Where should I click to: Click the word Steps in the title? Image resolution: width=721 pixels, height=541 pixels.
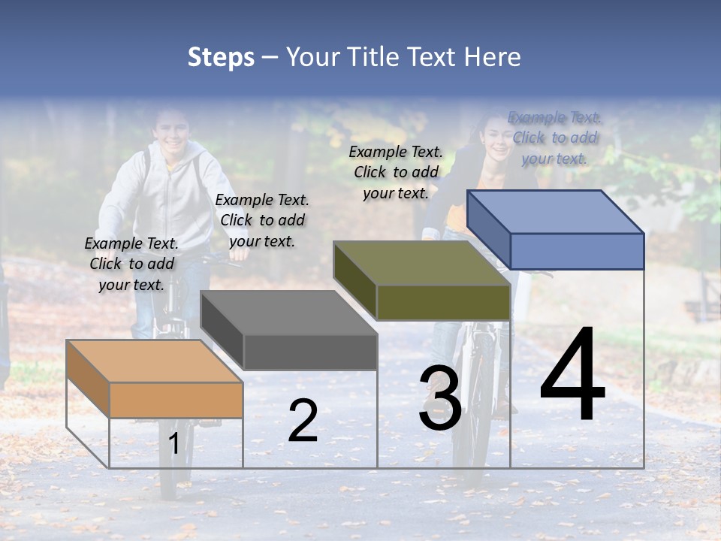[x=221, y=57]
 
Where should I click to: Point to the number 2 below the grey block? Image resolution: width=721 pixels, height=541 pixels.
[x=303, y=420]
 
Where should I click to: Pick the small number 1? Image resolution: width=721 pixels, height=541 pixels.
[x=173, y=444]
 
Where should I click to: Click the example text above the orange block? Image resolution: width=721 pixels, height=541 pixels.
[x=131, y=264]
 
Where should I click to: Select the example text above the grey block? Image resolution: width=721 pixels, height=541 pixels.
[x=262, y=220]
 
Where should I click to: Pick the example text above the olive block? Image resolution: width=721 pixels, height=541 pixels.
[x=396, y=172]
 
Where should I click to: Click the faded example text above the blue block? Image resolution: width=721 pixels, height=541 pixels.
[x=554, y=138]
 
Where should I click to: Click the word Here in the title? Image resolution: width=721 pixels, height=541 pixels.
[x=493, y=57]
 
